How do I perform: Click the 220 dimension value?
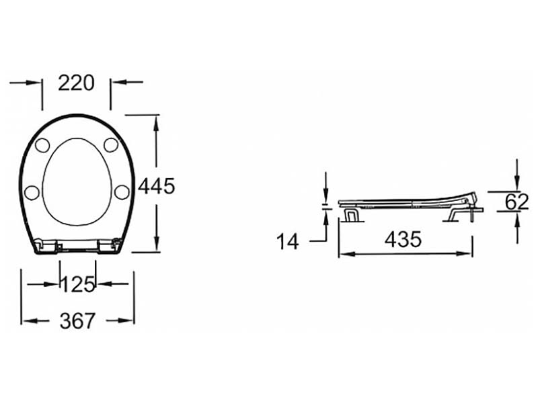[76, 83]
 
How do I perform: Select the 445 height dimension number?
[157, 187]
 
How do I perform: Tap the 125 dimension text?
[77, 284]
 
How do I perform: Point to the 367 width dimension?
[77, 321]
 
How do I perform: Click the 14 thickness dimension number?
[288, 241]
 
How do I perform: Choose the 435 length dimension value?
[403, 239]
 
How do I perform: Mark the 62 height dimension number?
[516, 201]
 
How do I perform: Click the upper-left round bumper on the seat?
[42, 145]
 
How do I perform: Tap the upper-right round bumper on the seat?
[111, 145]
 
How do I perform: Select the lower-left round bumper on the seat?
[32, 193]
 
